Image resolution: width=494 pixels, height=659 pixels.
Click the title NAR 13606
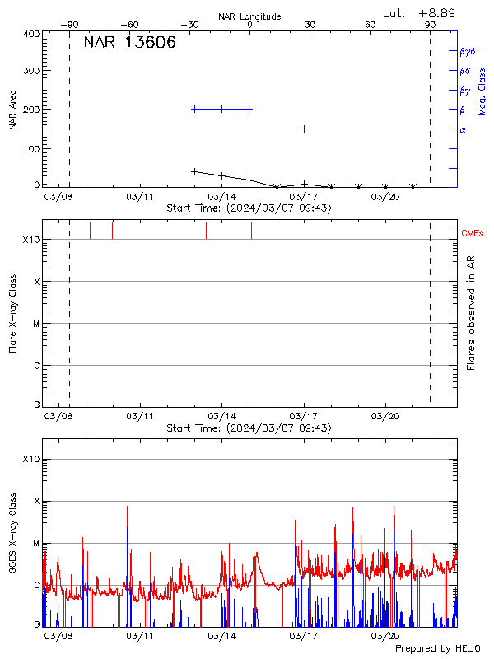pos(129,44)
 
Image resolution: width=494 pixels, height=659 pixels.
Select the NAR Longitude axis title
pos(249,16)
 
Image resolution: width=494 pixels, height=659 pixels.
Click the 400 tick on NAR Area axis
pos(32,35)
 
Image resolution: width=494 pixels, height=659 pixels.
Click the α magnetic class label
pos(463,129)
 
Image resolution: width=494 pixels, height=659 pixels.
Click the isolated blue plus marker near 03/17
pos(304,129)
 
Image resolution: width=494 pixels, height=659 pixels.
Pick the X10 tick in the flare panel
pos(31,240)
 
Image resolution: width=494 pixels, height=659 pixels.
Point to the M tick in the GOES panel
pos(36,544)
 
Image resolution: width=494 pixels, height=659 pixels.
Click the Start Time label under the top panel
pos(249,208)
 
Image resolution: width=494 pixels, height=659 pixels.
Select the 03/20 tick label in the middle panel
pos(385,418)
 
